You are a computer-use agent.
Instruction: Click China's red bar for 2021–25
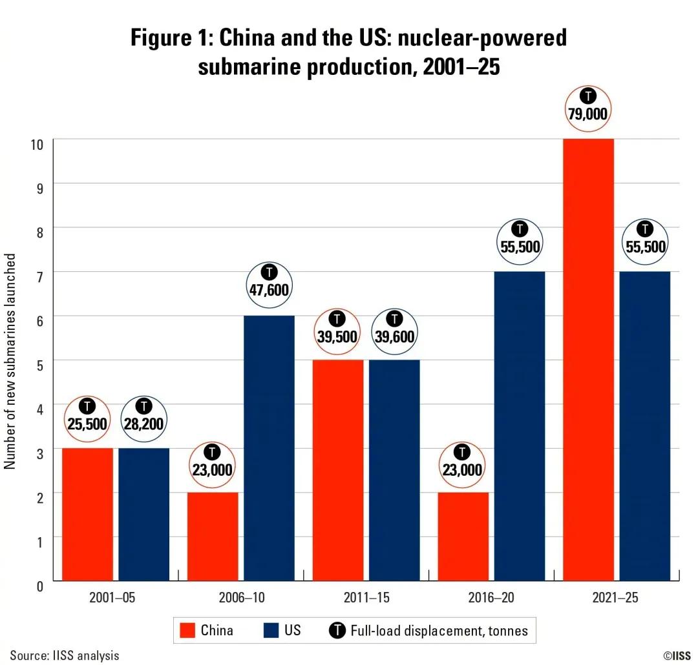click(x=588, y=362)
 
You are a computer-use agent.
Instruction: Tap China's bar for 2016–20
click(x=463, y=536)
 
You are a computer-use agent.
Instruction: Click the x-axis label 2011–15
click(x=366, y=598)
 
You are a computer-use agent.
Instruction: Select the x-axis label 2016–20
click(x=491, y=598)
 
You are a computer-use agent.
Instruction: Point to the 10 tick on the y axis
click(x=37, y=143)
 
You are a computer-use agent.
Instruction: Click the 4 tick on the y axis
click(x=39, y=408)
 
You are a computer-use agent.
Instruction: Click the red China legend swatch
click(x=187, y=630)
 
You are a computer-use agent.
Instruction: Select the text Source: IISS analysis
click(x=65, y=655)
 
